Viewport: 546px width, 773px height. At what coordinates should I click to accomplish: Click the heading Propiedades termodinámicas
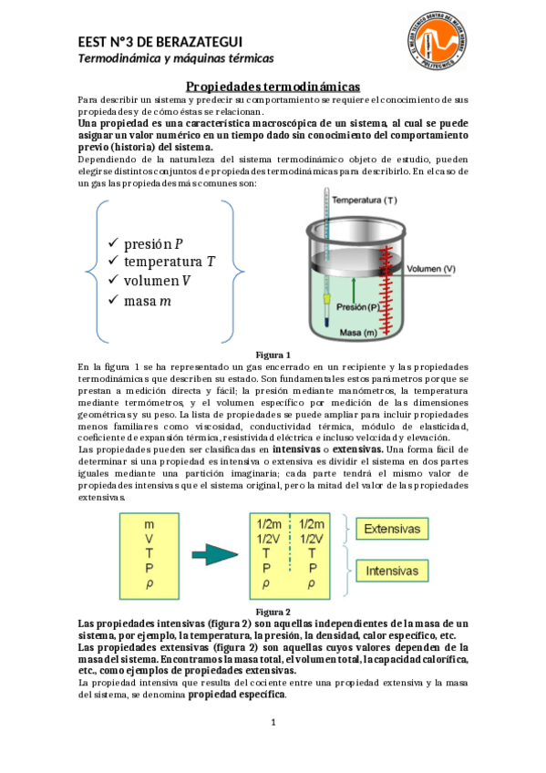coord(273,86)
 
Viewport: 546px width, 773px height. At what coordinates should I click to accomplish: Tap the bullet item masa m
coord(140,300)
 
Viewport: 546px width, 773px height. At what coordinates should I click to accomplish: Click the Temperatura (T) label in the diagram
coord(365,200)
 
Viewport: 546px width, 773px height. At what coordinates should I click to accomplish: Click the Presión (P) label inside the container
coord(356,307)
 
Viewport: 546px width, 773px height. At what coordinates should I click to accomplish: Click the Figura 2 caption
coord(273,611)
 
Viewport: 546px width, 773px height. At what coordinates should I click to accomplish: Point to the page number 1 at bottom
coord(273,723)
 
